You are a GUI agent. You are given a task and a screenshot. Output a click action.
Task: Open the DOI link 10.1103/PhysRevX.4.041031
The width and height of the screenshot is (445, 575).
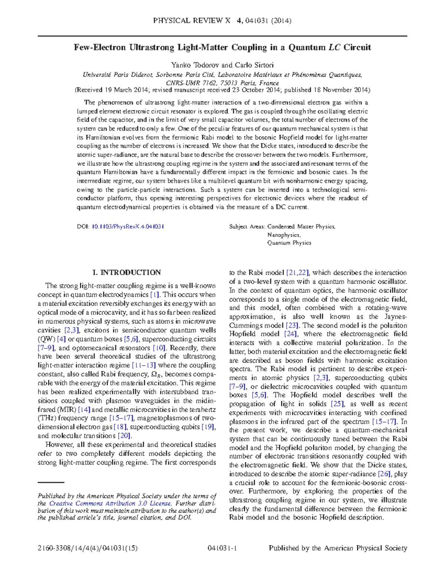[128, 227]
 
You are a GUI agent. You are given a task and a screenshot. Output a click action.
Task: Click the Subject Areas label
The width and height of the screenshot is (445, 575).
[247, 227]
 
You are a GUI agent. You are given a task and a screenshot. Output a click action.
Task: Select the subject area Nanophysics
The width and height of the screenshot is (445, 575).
[284, 235]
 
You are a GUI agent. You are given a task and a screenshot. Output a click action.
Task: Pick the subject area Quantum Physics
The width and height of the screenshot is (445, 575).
[289, 243]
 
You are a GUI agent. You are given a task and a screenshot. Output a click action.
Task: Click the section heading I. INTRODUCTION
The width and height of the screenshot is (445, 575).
[126, 273]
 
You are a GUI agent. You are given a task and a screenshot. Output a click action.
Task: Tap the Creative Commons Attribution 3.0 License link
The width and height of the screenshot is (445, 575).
[110, 504]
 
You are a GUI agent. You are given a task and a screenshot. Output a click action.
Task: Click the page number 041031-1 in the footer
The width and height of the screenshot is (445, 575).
[223, 548]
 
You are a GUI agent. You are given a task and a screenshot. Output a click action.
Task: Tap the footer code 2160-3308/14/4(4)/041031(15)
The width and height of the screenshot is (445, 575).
[88, 548]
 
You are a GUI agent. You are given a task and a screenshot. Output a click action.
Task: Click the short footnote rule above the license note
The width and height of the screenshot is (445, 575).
[51, 482]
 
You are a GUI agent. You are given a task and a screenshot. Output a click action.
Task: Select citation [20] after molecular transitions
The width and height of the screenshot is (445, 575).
[124, 436]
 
